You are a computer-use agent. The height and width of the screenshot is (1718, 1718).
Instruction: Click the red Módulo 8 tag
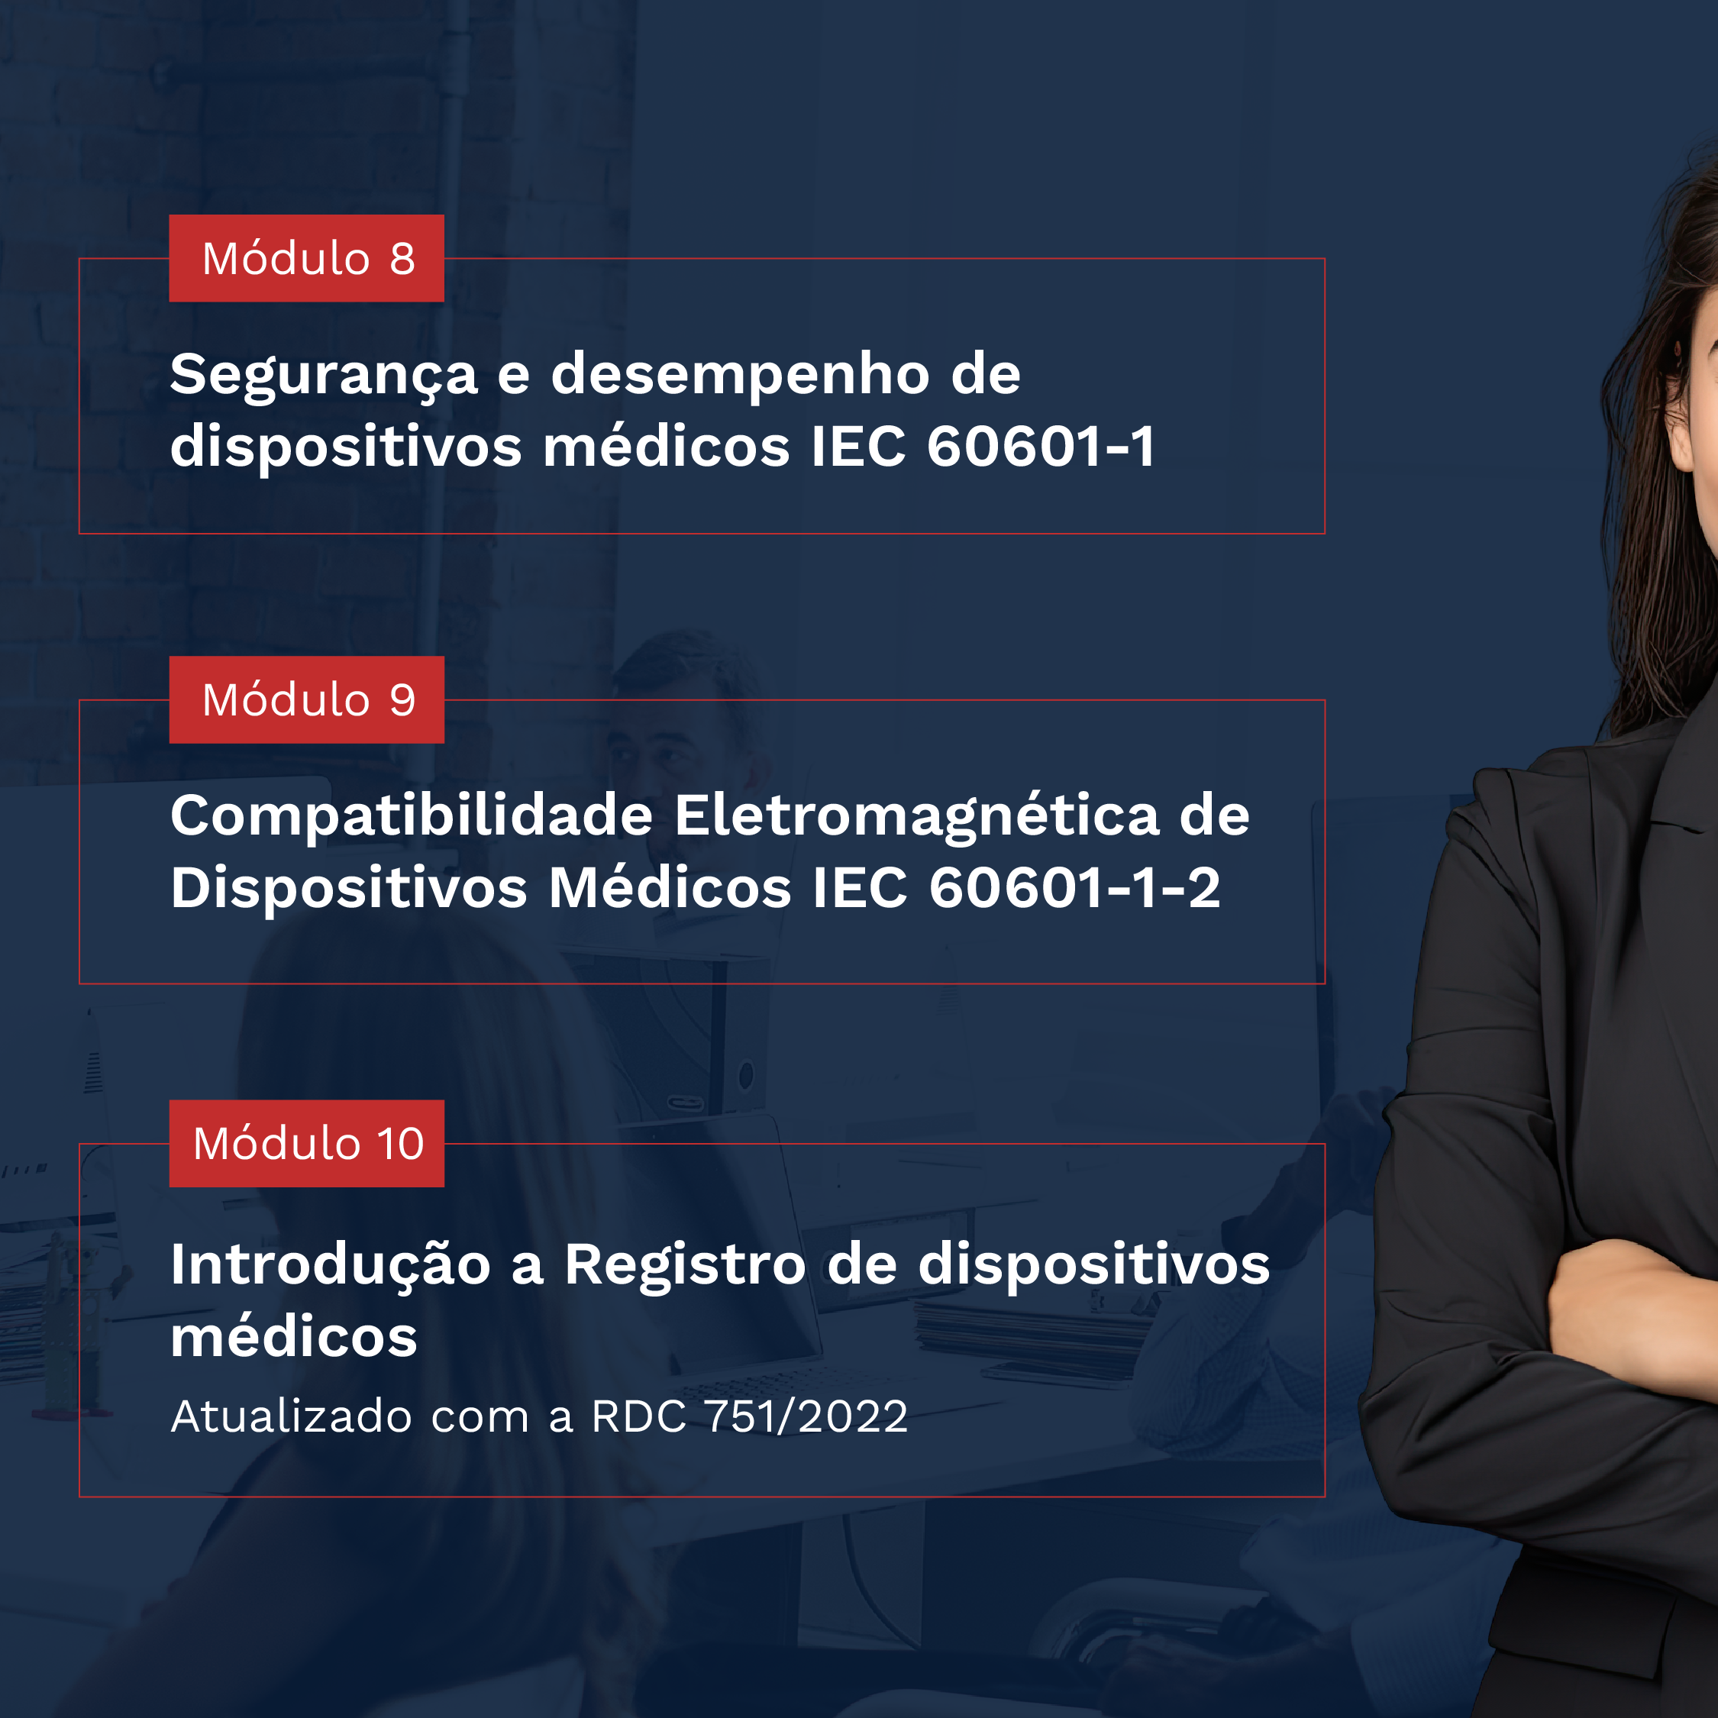tap(307, 258)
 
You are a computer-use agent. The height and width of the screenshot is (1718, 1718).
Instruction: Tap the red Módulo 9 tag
tap(307, 700)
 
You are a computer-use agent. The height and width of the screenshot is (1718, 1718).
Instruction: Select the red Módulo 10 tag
tap(307, 1144)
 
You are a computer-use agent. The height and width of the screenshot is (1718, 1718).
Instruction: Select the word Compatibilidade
tap(412, 816)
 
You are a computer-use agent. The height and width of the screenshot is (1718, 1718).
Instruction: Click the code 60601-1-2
tap(1074, 887)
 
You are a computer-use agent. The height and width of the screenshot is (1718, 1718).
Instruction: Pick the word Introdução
tap(330, 1265)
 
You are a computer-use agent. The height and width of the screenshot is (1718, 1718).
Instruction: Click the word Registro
tap(686, 1266)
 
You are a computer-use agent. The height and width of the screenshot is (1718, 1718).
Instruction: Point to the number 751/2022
tap(806, 1416)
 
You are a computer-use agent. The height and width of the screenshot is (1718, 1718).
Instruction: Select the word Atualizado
tap(291, 1416)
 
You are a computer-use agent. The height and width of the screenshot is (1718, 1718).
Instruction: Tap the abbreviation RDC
tap(639, 1416)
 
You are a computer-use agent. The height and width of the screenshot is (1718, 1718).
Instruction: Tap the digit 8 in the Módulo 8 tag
tap(402, 259)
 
